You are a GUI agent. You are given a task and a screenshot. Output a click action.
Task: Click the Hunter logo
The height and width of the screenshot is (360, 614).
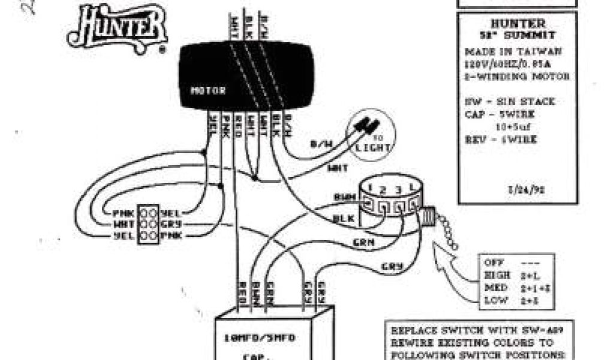point(117,29)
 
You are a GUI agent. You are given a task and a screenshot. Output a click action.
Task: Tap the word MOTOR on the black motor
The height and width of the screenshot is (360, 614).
point(208,91)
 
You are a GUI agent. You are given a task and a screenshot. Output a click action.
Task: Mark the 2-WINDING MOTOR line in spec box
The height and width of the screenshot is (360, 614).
point(517,77)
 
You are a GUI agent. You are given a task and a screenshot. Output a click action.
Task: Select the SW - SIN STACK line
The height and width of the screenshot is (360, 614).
point(509,102)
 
